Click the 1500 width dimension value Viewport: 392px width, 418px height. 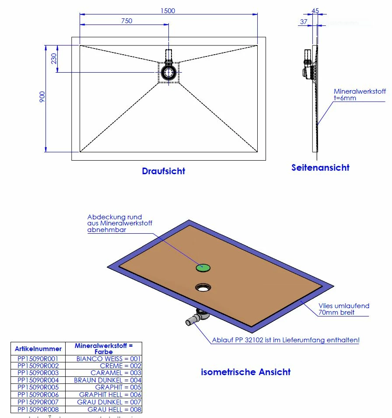coord(168,11)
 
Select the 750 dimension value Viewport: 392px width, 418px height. coord(126,21)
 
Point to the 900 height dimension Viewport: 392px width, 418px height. coord(42,97)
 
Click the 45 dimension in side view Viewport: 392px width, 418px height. coord(315,11)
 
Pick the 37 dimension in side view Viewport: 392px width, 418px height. coord(304,21)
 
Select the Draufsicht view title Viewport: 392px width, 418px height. coord(163,171)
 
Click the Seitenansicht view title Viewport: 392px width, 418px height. coord(320,167)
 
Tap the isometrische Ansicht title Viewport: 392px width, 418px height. coord(245,372)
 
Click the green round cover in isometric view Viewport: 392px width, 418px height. coord(203,267)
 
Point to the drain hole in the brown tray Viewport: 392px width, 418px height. coord(203,287)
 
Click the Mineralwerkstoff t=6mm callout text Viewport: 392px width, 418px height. coord(360,95)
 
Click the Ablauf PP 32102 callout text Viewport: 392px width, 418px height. coord(286,340)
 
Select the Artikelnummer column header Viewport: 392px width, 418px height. coord(38,349)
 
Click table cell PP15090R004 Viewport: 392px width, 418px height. coord(38,380)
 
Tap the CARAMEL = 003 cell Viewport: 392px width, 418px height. coord(115,372)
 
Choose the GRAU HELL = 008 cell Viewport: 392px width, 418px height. coord(115,410)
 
